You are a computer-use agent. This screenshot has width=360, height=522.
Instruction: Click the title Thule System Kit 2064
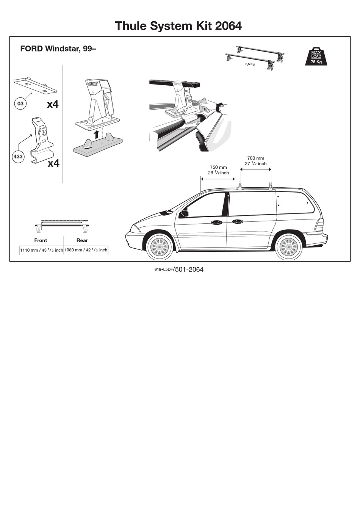click(x=178, y=26)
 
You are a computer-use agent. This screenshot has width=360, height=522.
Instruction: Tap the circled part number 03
click(x=20, y=103)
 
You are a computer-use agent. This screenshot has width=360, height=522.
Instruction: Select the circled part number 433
click(x=18, y=157)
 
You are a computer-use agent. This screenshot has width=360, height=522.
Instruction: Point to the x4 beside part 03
click(x=53, y=104)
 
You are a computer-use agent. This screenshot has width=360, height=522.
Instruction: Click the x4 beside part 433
click(x=53, y=163)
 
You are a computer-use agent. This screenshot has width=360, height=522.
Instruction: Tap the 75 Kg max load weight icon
click(x=316, y=57)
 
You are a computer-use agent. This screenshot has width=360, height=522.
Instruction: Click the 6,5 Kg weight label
click(x=250, y=64)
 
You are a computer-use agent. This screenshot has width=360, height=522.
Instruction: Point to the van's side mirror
click(x=184, y=213)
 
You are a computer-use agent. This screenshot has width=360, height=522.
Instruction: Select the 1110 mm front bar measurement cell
click(x=42, y=250)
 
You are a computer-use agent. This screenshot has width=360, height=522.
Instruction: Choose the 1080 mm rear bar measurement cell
click(x=86, y=250)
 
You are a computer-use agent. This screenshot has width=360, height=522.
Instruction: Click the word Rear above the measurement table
click(x=82, y=240)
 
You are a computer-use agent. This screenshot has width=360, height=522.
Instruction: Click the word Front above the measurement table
click(x=41, y=240)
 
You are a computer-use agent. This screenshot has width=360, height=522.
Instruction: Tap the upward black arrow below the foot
click(x=97, y=133)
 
